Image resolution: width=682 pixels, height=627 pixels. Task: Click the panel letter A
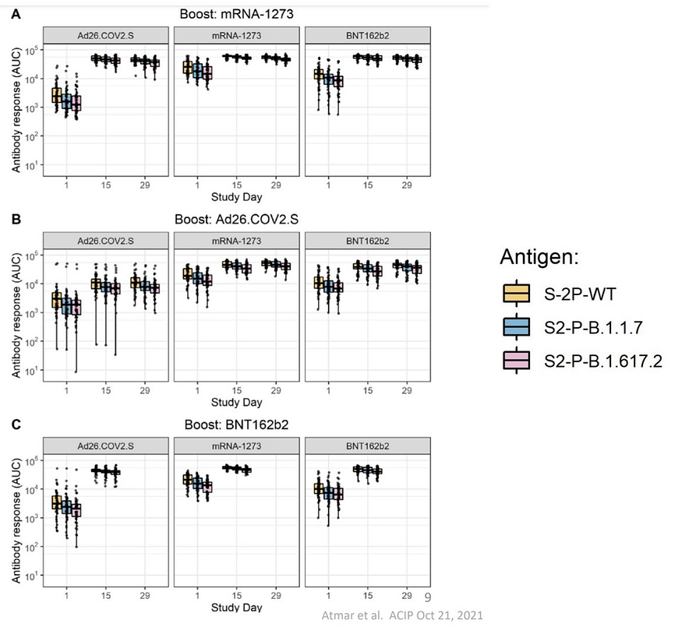[16, 14]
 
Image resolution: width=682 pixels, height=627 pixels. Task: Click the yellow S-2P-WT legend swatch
[516, 293]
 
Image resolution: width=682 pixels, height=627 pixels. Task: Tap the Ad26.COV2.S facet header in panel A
[106, 34]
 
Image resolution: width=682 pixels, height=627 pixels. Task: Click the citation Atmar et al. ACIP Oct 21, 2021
[402, 615]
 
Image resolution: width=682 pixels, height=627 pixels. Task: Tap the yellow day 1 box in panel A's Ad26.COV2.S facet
[57, 95]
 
